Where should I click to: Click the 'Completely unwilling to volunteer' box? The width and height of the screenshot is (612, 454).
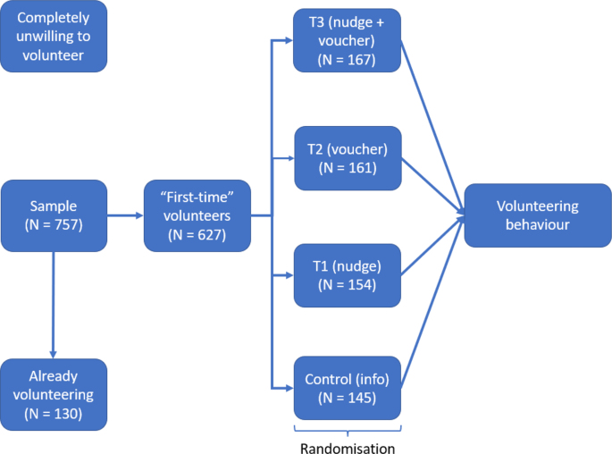[x=54, y=37]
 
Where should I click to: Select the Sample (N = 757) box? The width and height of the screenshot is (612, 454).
[x=54, y=215]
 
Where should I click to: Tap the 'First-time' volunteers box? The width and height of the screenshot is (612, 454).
[x=197, y=215]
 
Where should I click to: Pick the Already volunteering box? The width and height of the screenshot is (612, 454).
[x=54, y=394]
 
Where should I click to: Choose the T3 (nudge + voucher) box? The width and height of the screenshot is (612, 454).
[x=347, y=41]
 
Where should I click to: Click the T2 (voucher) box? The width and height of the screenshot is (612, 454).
[x=347, y=157]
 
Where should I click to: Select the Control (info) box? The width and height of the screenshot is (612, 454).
[x=347, y=388]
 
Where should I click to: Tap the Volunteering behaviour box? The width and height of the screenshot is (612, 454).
[x=537, y=215]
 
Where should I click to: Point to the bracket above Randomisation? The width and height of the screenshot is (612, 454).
[x=348, y=429]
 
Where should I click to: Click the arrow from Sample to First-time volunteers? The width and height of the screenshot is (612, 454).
[x=125, y=215]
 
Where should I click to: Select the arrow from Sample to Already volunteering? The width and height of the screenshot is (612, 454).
[x=54, y=304]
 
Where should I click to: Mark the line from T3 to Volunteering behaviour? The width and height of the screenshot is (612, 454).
[x=432, y=125]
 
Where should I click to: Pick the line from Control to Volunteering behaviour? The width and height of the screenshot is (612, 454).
[x=432, y=304]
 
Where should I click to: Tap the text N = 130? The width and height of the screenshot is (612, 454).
[x=54, y=413]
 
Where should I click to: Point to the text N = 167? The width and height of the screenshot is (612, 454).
[x=347, y=61]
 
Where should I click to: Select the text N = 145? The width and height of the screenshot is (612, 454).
[x=347, y=398]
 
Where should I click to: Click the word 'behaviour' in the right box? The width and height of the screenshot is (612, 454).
[x=537, y=225]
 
